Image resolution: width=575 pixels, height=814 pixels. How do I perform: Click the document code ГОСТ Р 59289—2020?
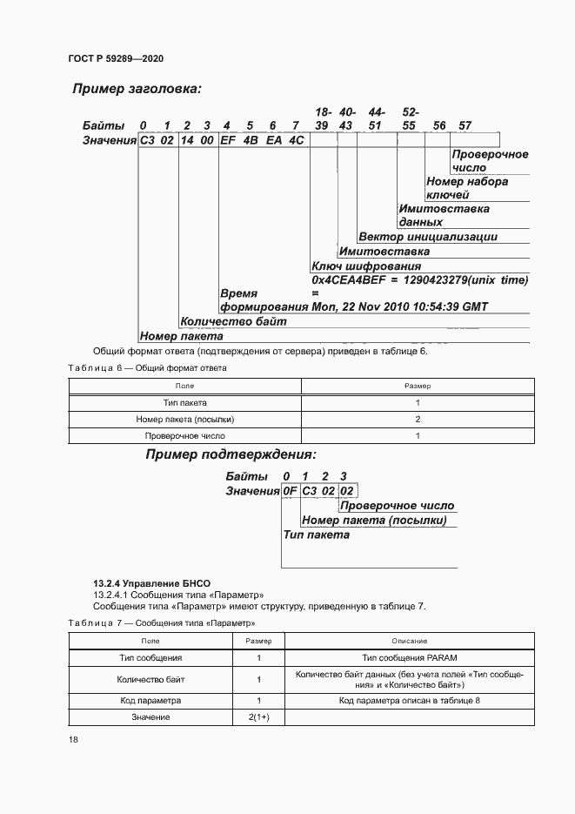click(115, 58)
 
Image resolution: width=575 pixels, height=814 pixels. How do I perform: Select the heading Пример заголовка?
click(137, 89)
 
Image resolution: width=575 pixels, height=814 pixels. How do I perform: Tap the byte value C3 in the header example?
click(148, 140)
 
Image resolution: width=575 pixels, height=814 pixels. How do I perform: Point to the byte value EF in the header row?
click(229, 140)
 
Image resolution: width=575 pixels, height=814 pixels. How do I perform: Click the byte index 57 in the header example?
click(465, 126)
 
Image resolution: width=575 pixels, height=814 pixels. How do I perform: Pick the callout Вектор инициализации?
click(427, 236)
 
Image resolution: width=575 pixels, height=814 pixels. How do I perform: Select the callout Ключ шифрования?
click(365, 266)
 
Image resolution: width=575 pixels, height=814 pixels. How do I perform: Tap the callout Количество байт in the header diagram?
click(233, 321)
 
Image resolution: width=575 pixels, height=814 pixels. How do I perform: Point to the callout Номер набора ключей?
click(466, 188)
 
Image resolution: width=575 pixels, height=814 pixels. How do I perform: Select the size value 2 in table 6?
click(418, 419)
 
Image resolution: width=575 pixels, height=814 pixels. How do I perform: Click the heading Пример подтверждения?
click(231, 454)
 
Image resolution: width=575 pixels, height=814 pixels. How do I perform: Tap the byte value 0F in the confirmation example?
click(290, 491)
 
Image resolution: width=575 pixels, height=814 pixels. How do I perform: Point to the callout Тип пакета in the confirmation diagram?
click(317, 535)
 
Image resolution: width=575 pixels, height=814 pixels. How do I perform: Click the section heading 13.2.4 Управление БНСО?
click(151, 582)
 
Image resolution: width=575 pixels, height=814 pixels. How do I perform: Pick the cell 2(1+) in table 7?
click(258, 716)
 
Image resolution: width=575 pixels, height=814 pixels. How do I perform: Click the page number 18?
click(73, 739)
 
